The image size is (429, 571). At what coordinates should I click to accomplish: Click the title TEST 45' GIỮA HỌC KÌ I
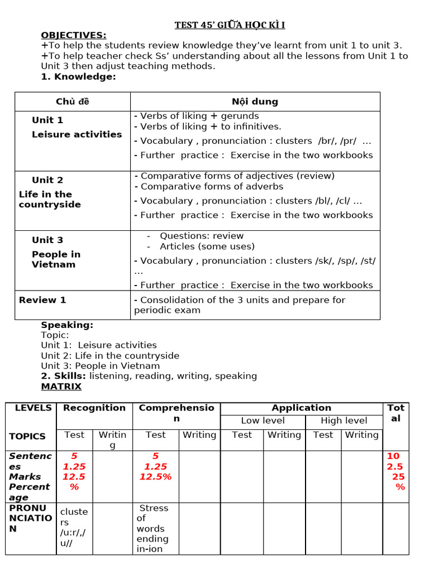point(230,25)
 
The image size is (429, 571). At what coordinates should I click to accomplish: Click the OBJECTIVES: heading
point(73,35)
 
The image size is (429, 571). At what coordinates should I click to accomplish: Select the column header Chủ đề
point(73,101)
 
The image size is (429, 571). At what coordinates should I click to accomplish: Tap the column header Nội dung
point(255,101)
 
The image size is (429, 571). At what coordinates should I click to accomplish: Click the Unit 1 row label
point(47,120)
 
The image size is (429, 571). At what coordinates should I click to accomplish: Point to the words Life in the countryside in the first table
point(49,199)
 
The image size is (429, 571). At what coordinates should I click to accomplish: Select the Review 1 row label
point(42,300)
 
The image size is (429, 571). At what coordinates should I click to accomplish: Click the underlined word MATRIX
point(61,386)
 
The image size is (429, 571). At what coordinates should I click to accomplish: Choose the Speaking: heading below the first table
point(67,325)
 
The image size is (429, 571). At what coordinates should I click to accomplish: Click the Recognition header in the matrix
point(94,408)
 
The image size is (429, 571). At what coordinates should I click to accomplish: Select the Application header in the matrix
point(301,408)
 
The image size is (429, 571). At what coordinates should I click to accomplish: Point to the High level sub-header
point(344,420)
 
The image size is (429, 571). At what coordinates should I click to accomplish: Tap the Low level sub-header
point(263,420)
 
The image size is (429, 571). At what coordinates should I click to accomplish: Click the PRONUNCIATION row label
point(31,518)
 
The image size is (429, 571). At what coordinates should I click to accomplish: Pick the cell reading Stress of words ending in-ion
point(154,528)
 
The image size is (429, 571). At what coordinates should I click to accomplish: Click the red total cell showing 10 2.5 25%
point(395,471)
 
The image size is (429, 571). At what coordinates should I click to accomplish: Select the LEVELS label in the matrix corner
point(33,408)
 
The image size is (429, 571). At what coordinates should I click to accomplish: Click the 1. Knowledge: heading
point(78,76)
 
